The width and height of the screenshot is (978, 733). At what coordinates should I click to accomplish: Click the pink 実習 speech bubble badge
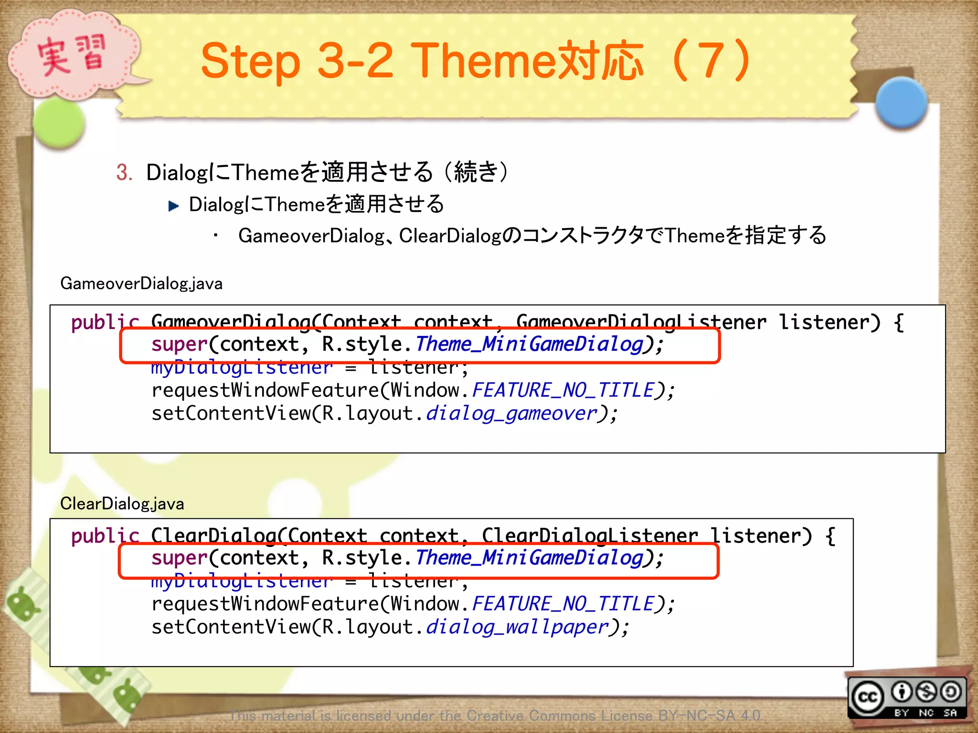(72, 55)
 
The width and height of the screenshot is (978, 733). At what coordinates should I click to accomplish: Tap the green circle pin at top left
(59, 123)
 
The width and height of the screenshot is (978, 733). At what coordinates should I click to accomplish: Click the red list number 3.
(124, 172)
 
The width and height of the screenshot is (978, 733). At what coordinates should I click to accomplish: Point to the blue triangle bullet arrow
(173, 206)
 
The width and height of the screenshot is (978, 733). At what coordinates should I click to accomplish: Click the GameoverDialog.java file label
(141, 283)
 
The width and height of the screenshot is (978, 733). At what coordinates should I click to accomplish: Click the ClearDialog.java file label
(122, 503)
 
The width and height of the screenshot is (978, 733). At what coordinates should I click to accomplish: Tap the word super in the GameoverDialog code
(179, 345)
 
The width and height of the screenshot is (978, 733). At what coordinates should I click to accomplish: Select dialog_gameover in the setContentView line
(511, 414)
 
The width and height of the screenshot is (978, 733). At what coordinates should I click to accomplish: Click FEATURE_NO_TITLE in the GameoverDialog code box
(563, 391)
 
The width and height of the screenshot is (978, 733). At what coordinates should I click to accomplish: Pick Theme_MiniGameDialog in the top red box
(529, 345)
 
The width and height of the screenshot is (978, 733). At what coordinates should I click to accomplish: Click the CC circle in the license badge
(868, 698)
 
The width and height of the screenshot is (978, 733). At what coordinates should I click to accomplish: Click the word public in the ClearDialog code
(105, 536)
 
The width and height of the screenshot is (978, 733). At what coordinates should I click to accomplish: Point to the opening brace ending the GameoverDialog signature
(899, 323)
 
